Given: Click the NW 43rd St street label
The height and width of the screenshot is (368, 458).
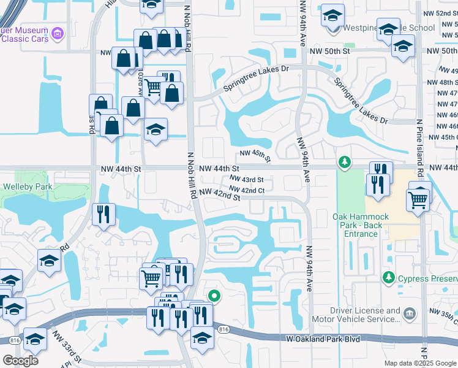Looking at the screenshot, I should click(x=247, y=180).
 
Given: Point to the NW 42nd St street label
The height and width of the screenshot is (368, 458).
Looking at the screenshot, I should click(x=218, y=194).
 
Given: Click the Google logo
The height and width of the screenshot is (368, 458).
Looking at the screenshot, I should click(x=20, y=361).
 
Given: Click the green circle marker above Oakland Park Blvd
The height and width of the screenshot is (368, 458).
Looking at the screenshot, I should click(x=214, y=296).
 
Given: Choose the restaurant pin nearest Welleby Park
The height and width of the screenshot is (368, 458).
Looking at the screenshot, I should click(x=103, y=215).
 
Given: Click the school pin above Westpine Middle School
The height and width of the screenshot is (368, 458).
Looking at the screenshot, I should click(x=333, y=15).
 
